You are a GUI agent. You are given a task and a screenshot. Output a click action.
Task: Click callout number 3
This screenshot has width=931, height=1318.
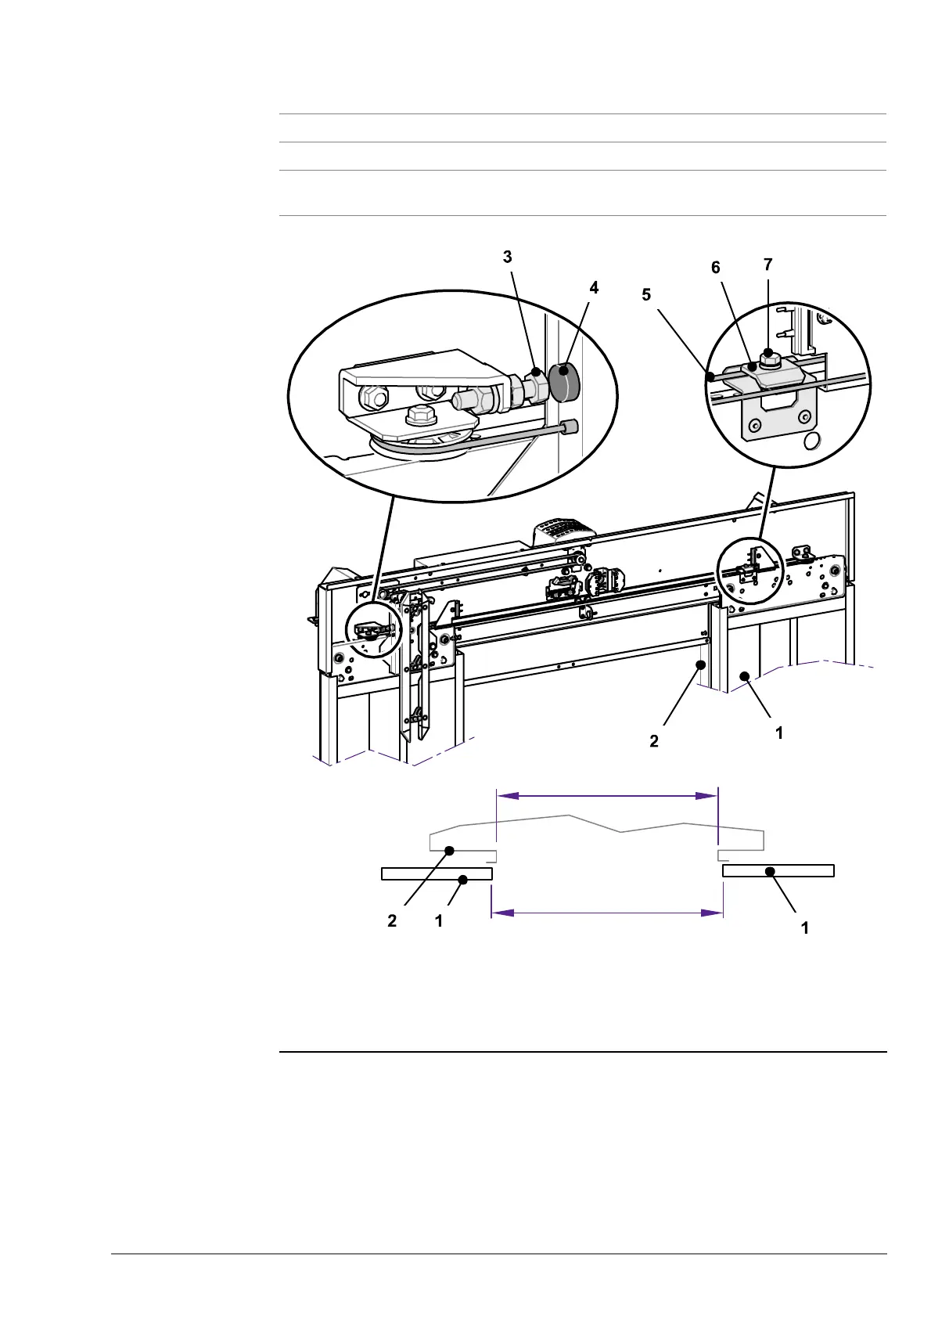tap(507, 257)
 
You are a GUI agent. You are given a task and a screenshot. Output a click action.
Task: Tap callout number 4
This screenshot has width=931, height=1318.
tap(594, 288)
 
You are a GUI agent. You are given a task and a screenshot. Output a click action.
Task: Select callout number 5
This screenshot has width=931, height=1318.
tap(645, 295)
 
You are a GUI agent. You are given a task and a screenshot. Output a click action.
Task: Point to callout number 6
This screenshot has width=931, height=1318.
tap(715, 268)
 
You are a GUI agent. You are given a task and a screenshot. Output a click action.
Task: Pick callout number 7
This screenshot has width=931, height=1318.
tap(767, 265)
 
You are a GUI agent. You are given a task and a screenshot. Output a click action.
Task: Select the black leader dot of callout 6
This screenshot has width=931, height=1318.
tap(750, 366)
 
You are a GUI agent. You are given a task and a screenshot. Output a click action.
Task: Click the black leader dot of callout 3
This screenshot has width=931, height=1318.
tap(536, 370)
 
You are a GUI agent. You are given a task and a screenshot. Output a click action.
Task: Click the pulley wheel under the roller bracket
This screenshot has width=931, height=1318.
tap(422, 449)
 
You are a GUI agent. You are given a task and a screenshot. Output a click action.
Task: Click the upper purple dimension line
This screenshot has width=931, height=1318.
tap(608, 796)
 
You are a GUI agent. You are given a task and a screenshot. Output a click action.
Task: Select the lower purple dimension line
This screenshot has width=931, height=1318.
tap(606, 913)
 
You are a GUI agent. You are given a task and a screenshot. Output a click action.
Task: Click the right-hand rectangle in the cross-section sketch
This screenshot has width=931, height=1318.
tap(778, 870)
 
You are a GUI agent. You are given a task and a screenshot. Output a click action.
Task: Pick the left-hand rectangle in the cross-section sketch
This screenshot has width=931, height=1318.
tap(437, 873)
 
